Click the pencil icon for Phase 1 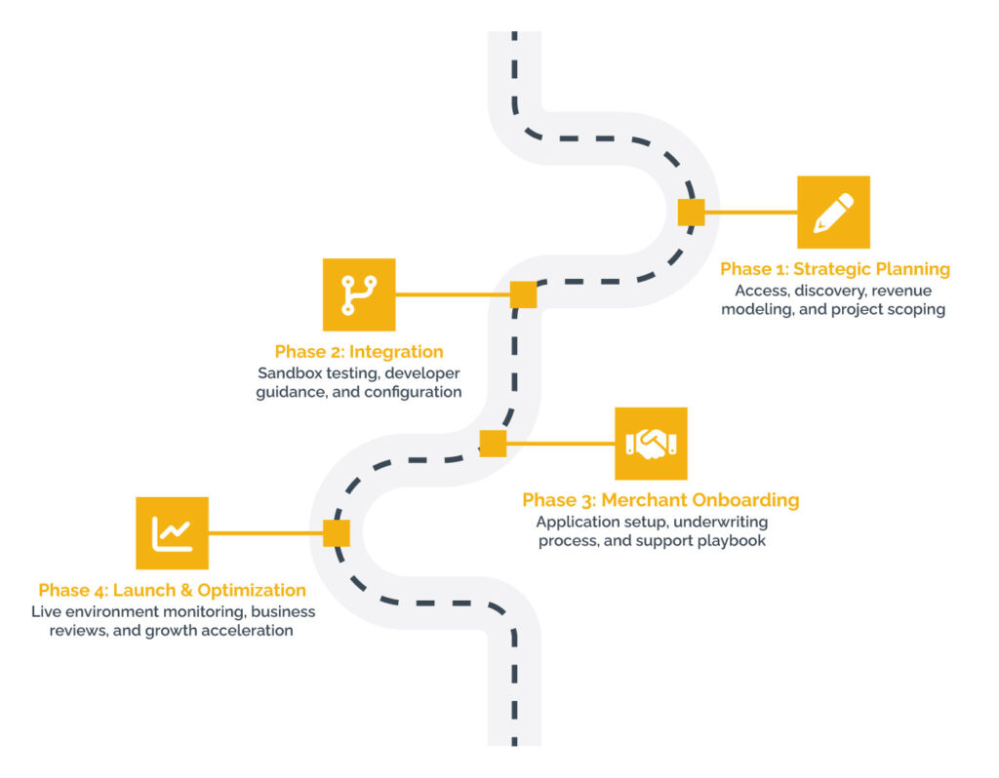click(x=833, y=212)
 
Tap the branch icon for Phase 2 click(x=359, y=294)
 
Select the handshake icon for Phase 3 click(x=651, y=444)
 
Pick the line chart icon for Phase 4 click(x=172, y=533)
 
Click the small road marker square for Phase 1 click(x=691, y=212)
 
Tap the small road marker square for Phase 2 click(x=523, y=294)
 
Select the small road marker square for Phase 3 click(x=493, y=444)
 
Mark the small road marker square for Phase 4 click(x=337, y=533)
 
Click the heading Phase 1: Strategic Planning click(x=835, y=269)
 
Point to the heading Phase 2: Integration click(x=359, y=352)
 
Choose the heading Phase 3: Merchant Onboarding click(x=660, y=500)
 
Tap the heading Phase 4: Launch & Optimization click(x=172, y=590)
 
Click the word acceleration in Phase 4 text click(x=247, y=631)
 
